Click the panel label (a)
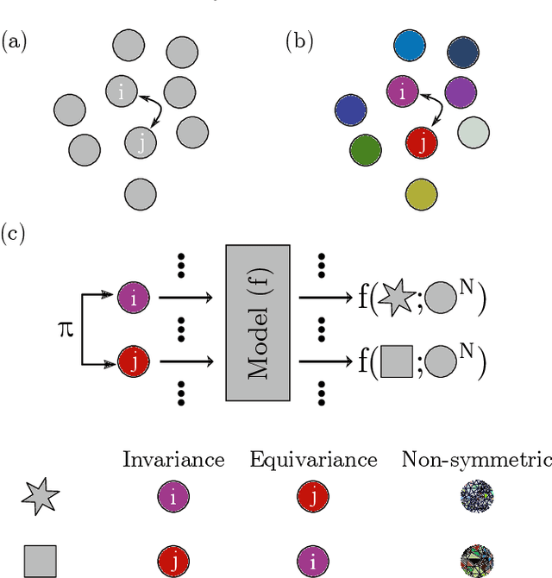pos(16,41)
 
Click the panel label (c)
pos(16,233)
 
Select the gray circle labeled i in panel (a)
pos(122,89)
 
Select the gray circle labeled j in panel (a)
pos(141,141)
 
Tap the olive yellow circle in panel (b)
pos(421,194)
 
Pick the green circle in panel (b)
pos(366,150)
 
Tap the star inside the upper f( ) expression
pos(396,298)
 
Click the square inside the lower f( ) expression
pos(396,360)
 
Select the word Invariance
pos(173,459)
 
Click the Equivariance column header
pos(313,459)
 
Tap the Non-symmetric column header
pos(476,459)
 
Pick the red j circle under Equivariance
pos(313,498)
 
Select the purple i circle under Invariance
pos(173,498)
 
